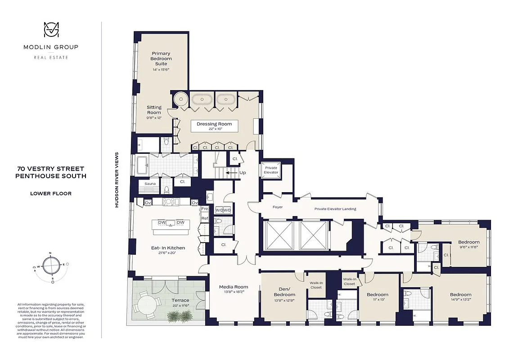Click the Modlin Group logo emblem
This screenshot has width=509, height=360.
point(50,30)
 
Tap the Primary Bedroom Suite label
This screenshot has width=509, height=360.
point(161,59)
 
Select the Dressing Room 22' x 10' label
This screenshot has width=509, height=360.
point(214,126)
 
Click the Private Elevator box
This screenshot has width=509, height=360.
point(271,170)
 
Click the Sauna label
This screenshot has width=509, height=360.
point(150,184)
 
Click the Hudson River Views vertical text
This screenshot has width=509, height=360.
point(117,180)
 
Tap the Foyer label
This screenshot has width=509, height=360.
point(278,207)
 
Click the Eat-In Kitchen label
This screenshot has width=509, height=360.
point(168,250)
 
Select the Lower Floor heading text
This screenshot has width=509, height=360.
point(50,194)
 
